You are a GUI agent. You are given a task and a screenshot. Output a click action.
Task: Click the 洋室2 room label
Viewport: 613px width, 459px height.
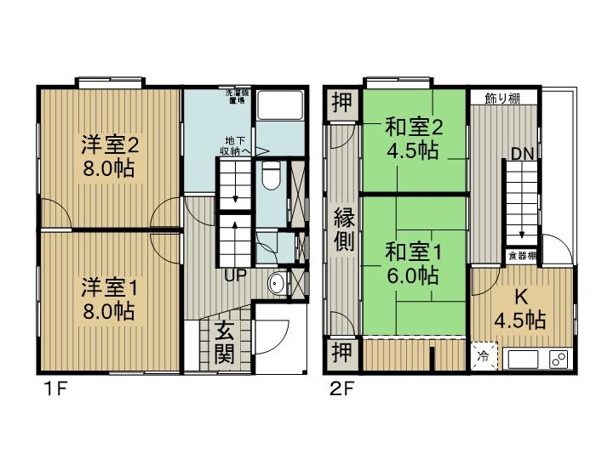(x=110, y=155)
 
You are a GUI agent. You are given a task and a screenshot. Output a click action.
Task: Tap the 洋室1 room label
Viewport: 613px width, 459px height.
(x=109, y=298)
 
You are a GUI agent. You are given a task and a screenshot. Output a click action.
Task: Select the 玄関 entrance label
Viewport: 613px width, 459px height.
(x=224, y=342)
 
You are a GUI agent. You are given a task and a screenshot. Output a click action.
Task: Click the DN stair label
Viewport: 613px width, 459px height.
(x=522, y=154)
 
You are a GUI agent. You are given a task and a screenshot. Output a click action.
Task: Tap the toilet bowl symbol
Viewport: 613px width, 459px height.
(x=270, y=178)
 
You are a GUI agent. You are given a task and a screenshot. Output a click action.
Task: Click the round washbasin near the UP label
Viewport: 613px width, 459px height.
(x=276, y=284)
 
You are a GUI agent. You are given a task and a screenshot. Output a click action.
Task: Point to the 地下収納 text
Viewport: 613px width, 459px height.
(x=237, y=146)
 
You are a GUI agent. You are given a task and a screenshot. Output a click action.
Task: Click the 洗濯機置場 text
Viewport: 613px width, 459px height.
(x=236, y=96)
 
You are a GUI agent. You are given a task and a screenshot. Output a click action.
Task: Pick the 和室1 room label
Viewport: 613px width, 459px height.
(x=413, y=263)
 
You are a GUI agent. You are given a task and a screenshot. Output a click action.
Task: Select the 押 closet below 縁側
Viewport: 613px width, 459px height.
(x=339, y=351)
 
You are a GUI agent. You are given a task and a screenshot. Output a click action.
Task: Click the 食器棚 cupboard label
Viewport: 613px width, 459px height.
(x=523, y=255)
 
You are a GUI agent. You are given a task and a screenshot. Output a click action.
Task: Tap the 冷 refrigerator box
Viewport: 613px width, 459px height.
(x=483, y=356)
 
